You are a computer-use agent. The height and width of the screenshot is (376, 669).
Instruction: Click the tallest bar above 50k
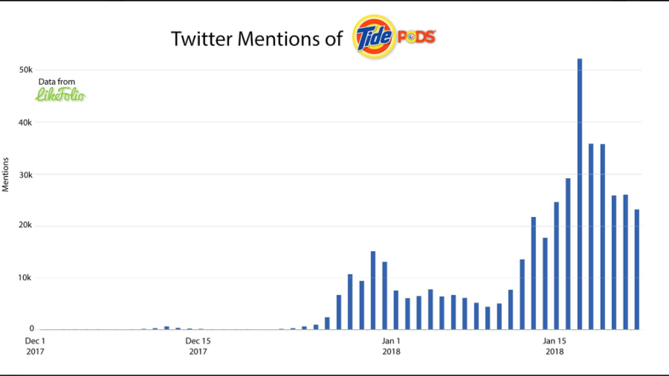(580, 193)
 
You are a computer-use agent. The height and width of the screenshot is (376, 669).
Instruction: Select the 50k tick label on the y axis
(25, 70)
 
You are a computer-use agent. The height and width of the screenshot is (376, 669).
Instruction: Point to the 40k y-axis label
(25, 123)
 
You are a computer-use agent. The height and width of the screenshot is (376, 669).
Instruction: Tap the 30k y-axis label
(25, 175)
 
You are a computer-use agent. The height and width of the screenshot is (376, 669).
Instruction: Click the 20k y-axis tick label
(25, 226)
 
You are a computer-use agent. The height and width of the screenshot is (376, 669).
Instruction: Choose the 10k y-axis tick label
(25, 278)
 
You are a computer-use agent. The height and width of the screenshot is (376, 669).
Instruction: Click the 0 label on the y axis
(31, 329)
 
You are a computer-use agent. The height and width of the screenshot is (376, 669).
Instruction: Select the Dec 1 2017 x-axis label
(35, 346)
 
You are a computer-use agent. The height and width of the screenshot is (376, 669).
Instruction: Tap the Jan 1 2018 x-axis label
(391, 346)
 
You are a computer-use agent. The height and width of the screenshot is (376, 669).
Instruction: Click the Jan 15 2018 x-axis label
(555, 346)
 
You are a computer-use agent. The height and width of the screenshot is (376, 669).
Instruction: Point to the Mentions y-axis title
(6, 174)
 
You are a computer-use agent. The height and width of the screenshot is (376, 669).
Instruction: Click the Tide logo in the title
(374, 36)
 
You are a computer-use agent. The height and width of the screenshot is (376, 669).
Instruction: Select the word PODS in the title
(416, 36)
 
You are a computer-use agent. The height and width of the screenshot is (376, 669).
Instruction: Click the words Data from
(56, 82)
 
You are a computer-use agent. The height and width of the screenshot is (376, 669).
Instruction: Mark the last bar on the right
(637, 269)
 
